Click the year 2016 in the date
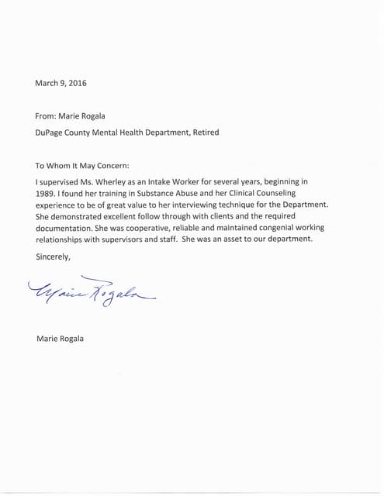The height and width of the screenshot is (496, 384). pyautogui.click(x=76, y=82)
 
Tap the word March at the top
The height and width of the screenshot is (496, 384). pyautogui.click(x=47, y=82)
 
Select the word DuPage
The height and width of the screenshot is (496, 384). pyautogui.click(x=51, y=133)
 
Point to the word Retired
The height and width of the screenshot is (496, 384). pyautogui.click(x=204, y=133)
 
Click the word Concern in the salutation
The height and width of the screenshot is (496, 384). pyautogui.click(x=110, y=165)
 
